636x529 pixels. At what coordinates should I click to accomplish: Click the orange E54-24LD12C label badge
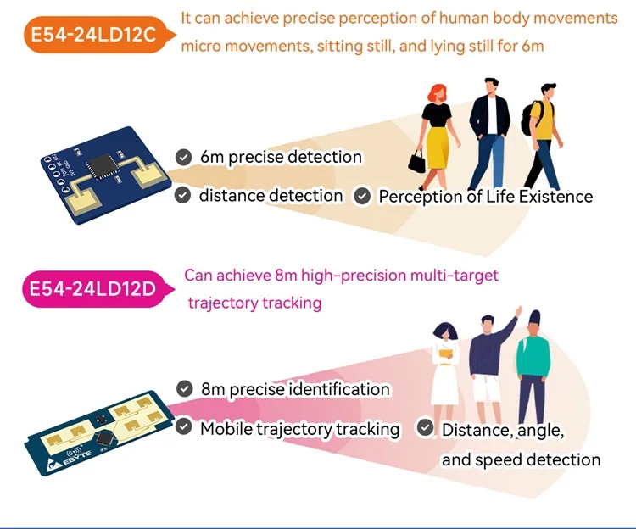click(92, 35)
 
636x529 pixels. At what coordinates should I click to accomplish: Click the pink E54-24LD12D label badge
click(92, 288)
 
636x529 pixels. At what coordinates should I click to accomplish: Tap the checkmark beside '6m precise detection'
click(182, 157)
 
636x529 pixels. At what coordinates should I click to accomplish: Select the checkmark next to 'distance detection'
click(182, 196)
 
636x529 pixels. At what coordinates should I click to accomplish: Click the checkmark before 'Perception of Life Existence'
click(362, 197)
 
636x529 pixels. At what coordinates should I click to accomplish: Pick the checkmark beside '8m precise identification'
click(184, 389)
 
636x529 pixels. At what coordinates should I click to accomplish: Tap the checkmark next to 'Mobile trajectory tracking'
click(183, 428)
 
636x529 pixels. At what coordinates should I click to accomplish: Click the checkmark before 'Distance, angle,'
click(425, 429)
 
